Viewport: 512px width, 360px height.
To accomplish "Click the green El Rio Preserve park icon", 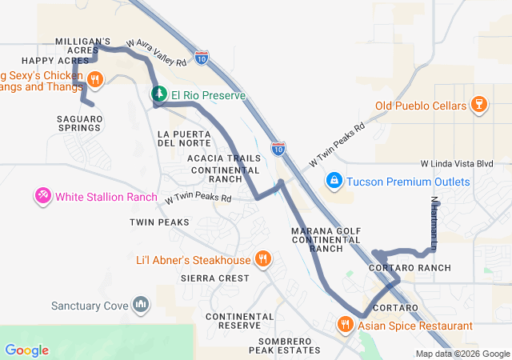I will tap(159, 95).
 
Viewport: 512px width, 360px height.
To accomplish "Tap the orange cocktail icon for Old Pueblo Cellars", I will tap(479, 105).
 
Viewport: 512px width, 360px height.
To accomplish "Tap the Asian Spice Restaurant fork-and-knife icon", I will tap(345, 326).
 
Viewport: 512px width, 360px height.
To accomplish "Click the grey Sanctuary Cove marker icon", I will tap(141, 305).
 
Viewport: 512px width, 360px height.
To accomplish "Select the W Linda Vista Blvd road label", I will tap(462, 163).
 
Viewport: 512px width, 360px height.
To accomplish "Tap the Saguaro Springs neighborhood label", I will tap(79, 123).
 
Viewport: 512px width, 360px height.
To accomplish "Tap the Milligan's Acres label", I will tap(82, 46).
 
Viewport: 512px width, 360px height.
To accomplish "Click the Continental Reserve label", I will tap(233, 321).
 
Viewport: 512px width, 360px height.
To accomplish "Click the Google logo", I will tap(26, 350).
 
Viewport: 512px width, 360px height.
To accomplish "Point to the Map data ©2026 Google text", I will tap(462, 354).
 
